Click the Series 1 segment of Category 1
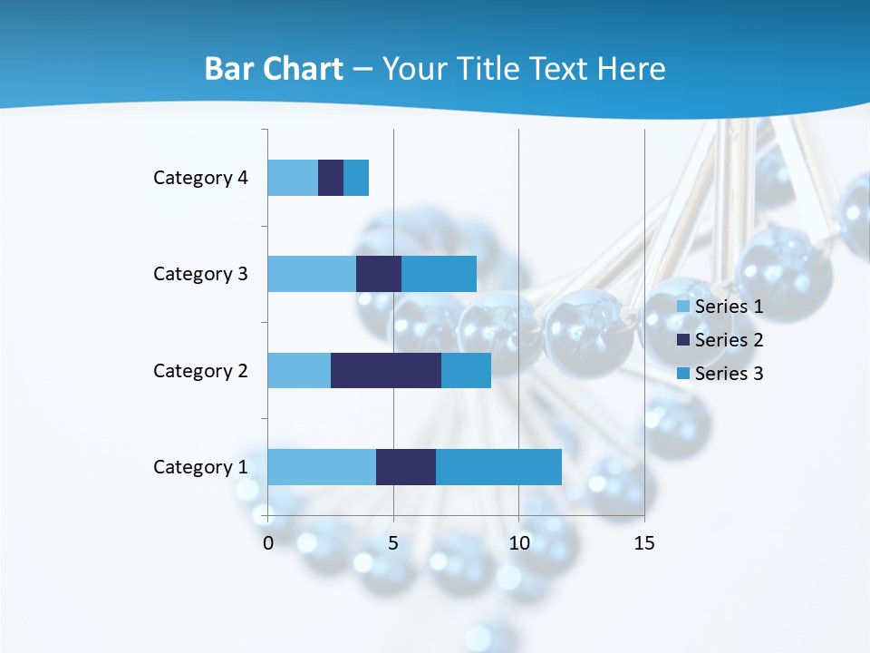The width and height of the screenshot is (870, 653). (x=322, y=466)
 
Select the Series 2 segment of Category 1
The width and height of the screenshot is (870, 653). (x=406, y=466)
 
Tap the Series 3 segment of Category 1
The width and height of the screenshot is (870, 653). (x=498, y=466)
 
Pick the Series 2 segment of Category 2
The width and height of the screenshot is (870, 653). (x=386, y=370)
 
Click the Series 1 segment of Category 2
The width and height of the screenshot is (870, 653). (x=299, y=370)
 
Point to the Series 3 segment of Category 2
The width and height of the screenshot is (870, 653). (x=466, y=370)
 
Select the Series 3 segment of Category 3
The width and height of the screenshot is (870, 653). (x=439, y=274)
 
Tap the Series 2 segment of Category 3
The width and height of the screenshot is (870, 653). (x=379, y=274)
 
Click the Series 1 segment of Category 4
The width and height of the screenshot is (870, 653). (x=293, y=178)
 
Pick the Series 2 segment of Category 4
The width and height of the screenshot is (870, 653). (x=331, y=178)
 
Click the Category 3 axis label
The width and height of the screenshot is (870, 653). (x=200, y=274)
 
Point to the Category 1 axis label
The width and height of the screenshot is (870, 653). (x=200, y=467)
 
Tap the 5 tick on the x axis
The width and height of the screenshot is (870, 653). (x=393, y=543)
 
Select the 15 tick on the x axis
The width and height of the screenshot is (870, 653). (x=643, y=543)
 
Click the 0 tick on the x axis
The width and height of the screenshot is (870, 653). (x=268, y=543)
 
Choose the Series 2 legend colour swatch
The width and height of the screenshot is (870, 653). (x=683, y=340)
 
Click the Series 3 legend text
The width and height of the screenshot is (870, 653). (x=729, y=374)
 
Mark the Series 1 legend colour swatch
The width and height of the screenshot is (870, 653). (x=683, y=307)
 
